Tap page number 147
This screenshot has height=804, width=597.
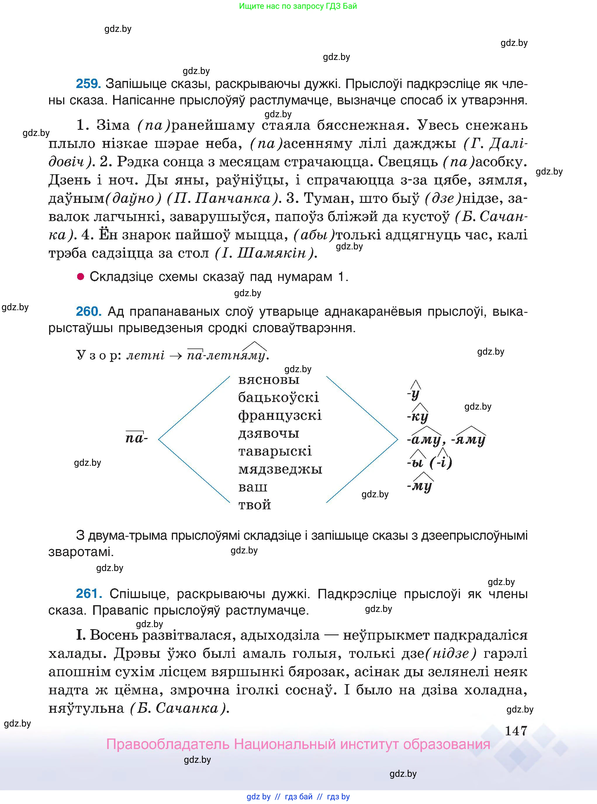(x=516, y=731)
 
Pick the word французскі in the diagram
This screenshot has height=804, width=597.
(x=280, y=415)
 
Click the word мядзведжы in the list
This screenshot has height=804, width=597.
(x=280, y=469)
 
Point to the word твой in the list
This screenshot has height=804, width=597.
(x=255, y=505)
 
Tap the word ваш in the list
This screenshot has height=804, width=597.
(x=252, y=487)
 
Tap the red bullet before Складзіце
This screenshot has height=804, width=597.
(x=81, y=277)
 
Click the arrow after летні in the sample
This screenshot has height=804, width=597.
(x=176, y=355)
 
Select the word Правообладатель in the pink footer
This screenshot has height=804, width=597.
(x=168, y=745)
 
